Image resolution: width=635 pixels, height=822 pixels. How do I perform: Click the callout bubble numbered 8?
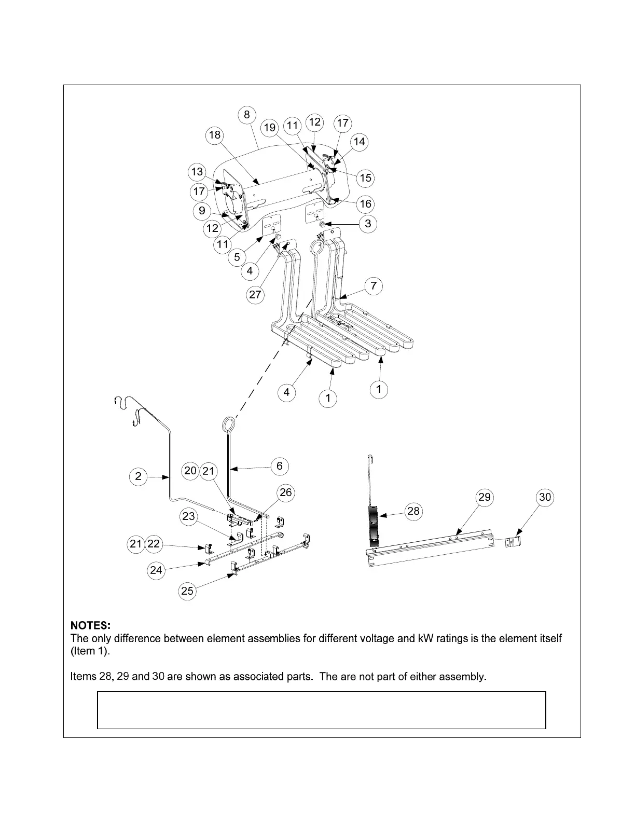pos(247,115)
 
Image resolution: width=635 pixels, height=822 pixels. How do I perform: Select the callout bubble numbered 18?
pos(214,135)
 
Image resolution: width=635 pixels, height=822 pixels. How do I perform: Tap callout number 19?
pos(269,128)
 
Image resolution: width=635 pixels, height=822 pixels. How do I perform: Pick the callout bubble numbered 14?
pos(359,142)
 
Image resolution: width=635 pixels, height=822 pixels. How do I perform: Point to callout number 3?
pos(368,224)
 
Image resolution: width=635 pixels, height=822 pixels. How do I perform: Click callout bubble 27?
pos(255,295)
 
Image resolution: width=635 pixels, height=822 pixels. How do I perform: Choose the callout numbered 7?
pos(374,285)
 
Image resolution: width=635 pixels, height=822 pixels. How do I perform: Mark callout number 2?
pos(138,476)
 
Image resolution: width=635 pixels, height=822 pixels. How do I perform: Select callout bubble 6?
pos(280,466)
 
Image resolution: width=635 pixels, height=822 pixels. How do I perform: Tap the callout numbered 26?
pos(286,492)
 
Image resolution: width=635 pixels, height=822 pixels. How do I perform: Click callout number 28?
pos(413,511)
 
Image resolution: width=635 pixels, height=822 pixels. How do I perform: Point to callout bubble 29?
pos(484,497)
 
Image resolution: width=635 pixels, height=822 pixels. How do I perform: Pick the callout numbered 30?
pos(545,497)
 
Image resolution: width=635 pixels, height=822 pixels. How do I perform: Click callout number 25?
pos(187,591)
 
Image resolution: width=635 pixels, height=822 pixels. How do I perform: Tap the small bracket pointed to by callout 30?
pos(513,542)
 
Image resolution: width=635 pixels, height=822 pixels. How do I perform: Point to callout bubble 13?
pos(197,172)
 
